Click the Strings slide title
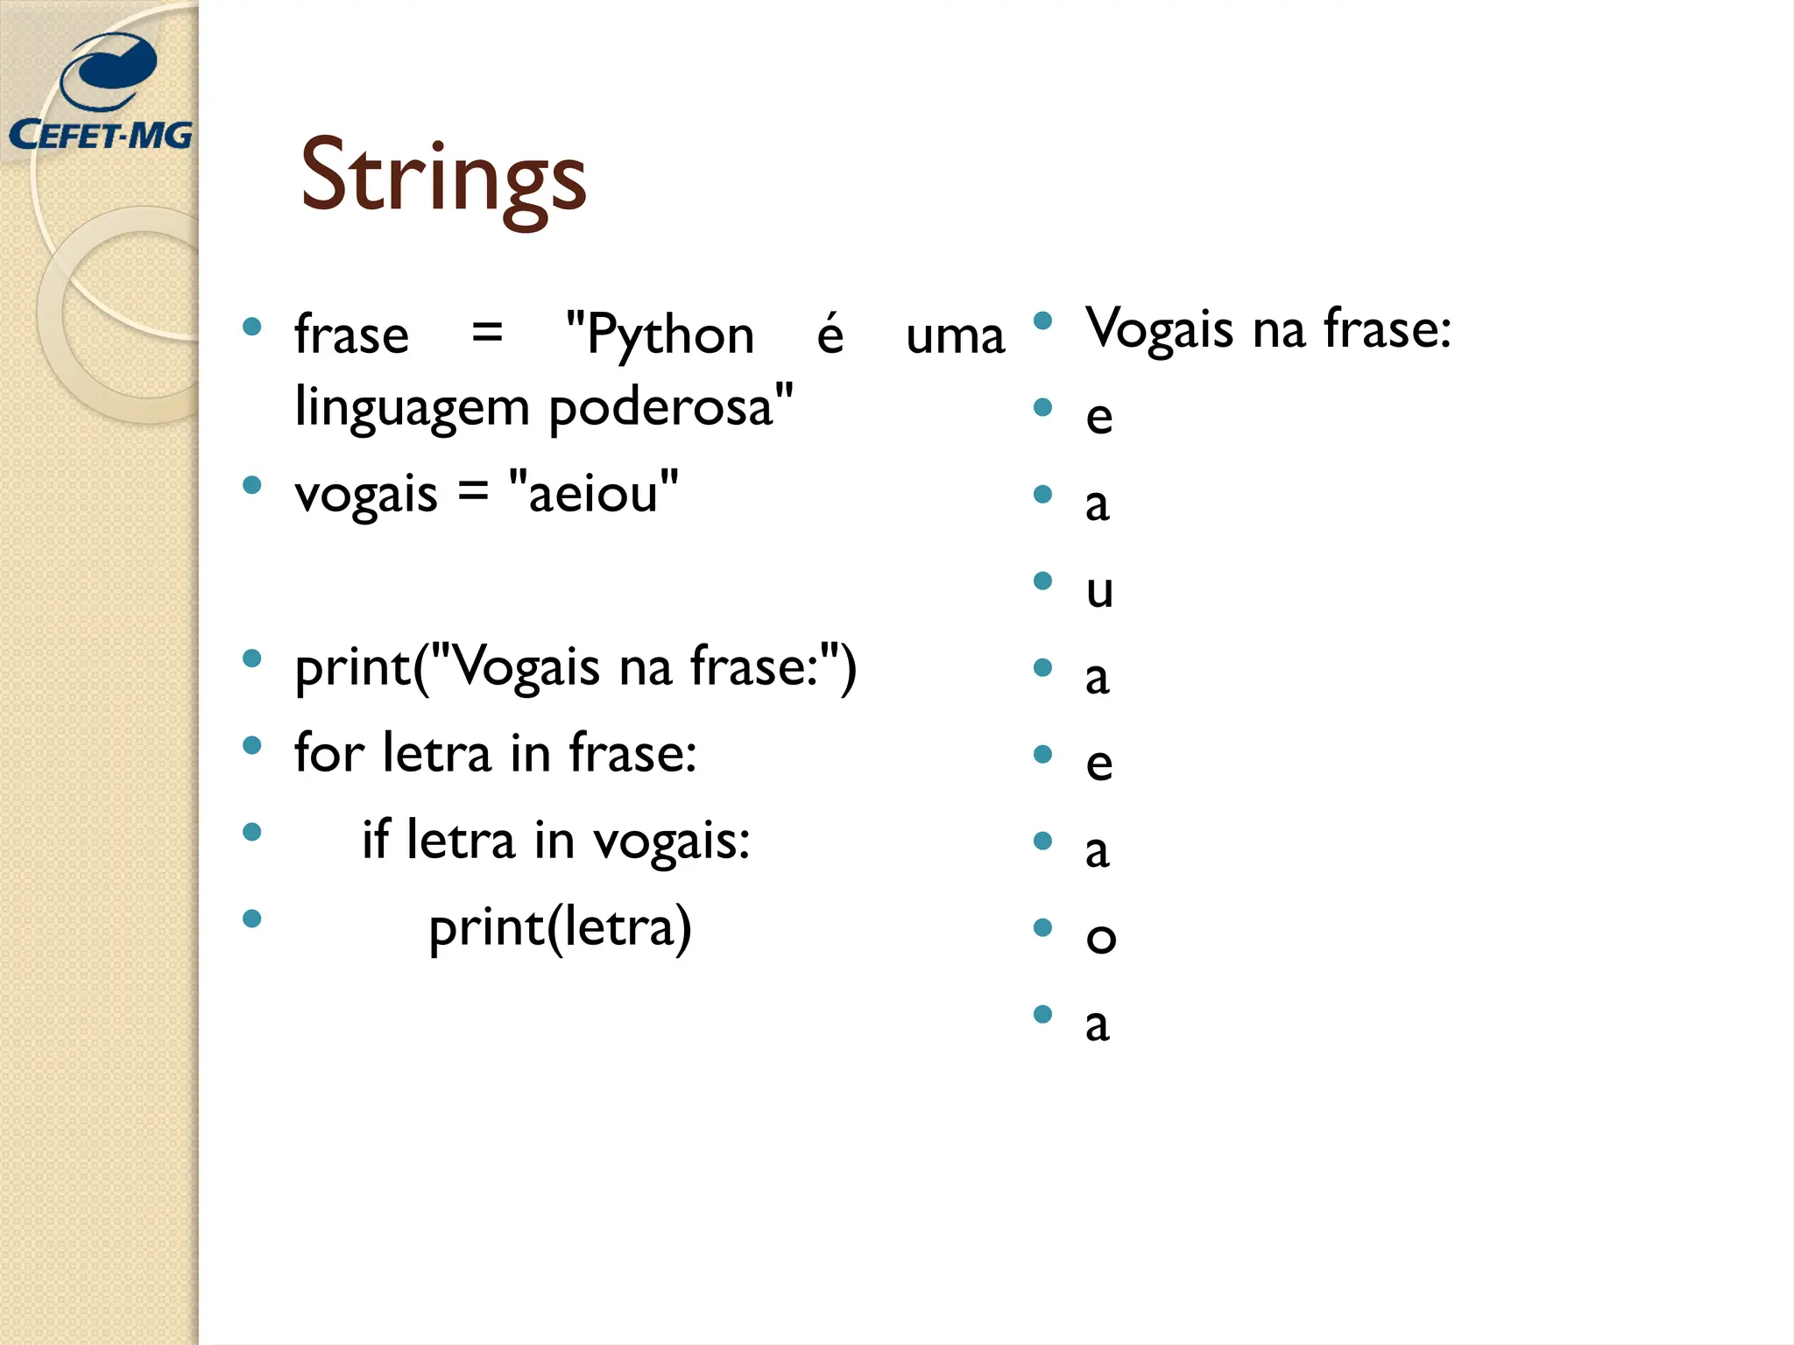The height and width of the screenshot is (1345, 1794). tap(442, 177)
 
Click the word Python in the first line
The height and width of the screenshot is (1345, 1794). tap(660, 335)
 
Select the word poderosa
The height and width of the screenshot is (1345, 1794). tap(671, 408)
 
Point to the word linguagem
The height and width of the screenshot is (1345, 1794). tap(413, 408)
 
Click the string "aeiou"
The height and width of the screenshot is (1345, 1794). tap(593, 493)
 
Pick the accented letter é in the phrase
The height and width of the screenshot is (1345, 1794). tap(830, 334)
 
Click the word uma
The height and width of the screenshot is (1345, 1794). tap(955, 336)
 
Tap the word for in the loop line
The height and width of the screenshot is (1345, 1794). tap(329, 753)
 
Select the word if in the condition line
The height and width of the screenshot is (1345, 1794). tap(375, 839)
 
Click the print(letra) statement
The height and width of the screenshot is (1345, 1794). tap(560, 927)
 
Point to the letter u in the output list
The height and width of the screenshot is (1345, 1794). tap(1099, 590)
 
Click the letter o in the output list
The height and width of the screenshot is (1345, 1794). tap(1100, 937)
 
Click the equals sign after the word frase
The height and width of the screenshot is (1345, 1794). tap(487, 333)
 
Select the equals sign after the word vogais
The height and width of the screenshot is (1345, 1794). tap(473, 491)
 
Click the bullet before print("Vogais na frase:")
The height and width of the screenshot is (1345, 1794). tap(252, 658)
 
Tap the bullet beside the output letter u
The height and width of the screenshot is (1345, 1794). tap(1042, 581)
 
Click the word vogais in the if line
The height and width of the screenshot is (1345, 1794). tap(671, 841)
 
